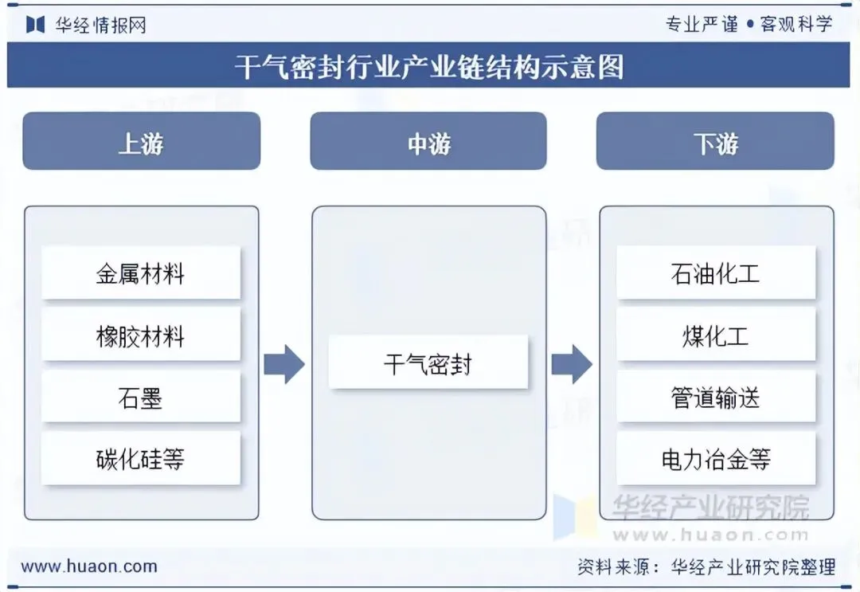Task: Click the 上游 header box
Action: [x=141, y=141]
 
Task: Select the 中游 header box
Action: [x=428, y=141]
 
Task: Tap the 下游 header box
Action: [x=715, y=141]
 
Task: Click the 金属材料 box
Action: [x=141, y=273]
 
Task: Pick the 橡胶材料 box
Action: [x=141, y=335]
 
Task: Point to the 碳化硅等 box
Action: [x=141, y=458]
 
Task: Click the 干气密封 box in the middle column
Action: [x=428, y=363]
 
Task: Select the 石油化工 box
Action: [x=716, y=273]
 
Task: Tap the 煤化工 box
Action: [x=716, y=335]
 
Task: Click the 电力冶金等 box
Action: [x=716, y=458]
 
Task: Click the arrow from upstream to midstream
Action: [x=284, y=365]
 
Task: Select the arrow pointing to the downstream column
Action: [x=572, y=365]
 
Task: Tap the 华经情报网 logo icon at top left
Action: [x=35, y=25]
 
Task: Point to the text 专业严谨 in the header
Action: [x=702, y=24]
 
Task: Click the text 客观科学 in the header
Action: [x=796, y=24]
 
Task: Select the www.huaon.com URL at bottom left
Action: [x=89, y=567]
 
